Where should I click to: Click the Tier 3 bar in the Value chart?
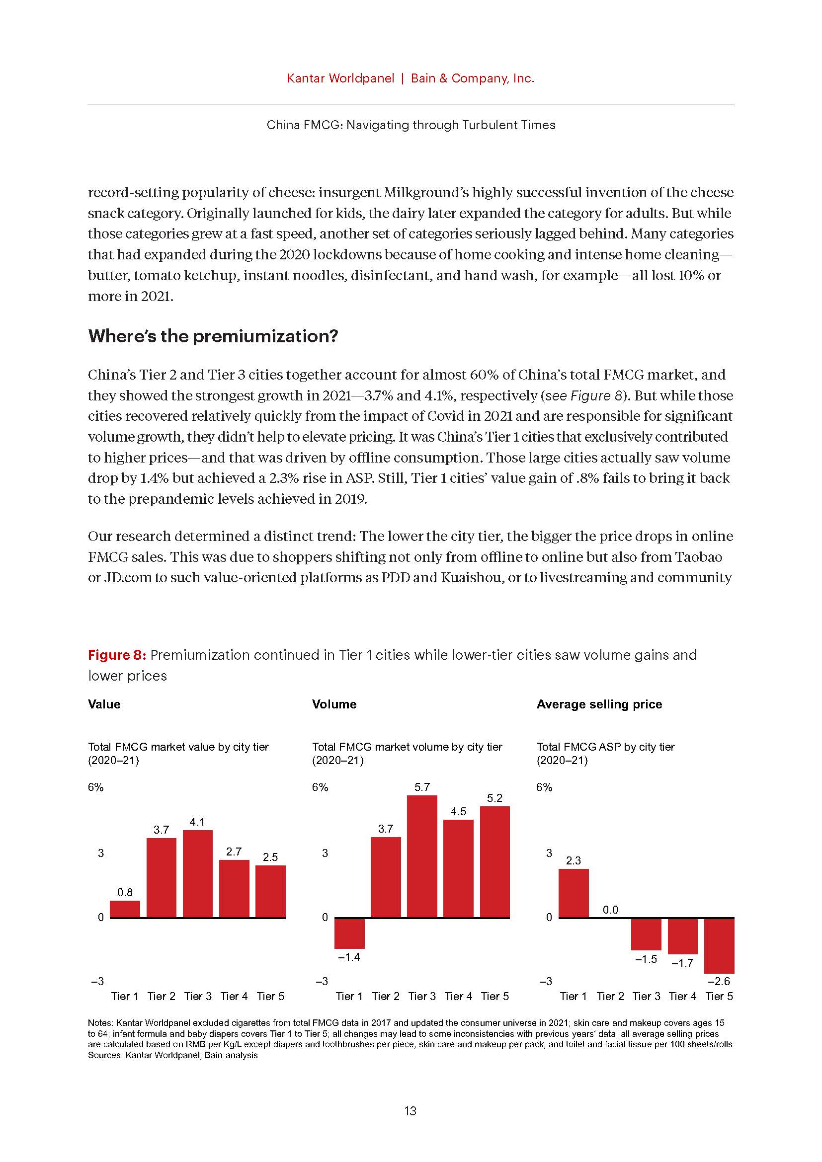click(197, 873)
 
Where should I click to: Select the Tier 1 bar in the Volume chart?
click(349, 933)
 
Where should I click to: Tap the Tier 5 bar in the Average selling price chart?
click(719, 945)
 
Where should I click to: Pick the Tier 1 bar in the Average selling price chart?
click(574, 893)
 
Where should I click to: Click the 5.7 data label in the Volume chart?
click(421, 787)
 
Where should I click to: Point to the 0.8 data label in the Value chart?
click(125, 892)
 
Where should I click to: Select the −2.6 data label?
click(719, 981)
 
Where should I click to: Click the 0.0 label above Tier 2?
click(610, 910)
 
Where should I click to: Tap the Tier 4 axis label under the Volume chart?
click(458, 996)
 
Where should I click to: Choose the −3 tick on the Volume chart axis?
click(322, 981)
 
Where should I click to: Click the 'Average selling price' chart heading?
click(599, 704)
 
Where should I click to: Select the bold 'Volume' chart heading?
click(334, 704)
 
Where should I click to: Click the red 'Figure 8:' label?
click(117, 655)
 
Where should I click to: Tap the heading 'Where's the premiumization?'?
click(213, 336)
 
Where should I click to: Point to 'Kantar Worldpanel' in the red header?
click(340, 78)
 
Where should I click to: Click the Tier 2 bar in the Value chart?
click(162, 877)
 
